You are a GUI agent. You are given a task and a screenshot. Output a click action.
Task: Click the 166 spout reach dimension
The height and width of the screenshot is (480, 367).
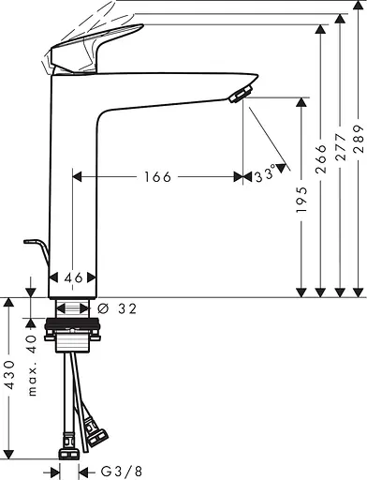(x=157, y=177)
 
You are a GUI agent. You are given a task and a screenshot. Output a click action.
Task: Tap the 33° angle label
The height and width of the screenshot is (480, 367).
(x=266, y=173)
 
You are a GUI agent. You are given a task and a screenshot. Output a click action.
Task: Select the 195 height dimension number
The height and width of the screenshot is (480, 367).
(x=301, y=200)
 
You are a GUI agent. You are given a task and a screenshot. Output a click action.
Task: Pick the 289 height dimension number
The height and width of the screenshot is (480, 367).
(x=359, y=140)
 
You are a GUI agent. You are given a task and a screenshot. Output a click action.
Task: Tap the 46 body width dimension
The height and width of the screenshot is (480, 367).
(x=73, y=277)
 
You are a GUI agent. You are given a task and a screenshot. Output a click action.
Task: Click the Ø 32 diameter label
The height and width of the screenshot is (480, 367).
(x=117, y=309)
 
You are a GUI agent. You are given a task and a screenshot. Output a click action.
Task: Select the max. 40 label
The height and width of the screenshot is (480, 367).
(x=32, y=366)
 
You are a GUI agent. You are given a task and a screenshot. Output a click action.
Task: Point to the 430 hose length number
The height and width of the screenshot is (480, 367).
(x=10, y=374)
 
